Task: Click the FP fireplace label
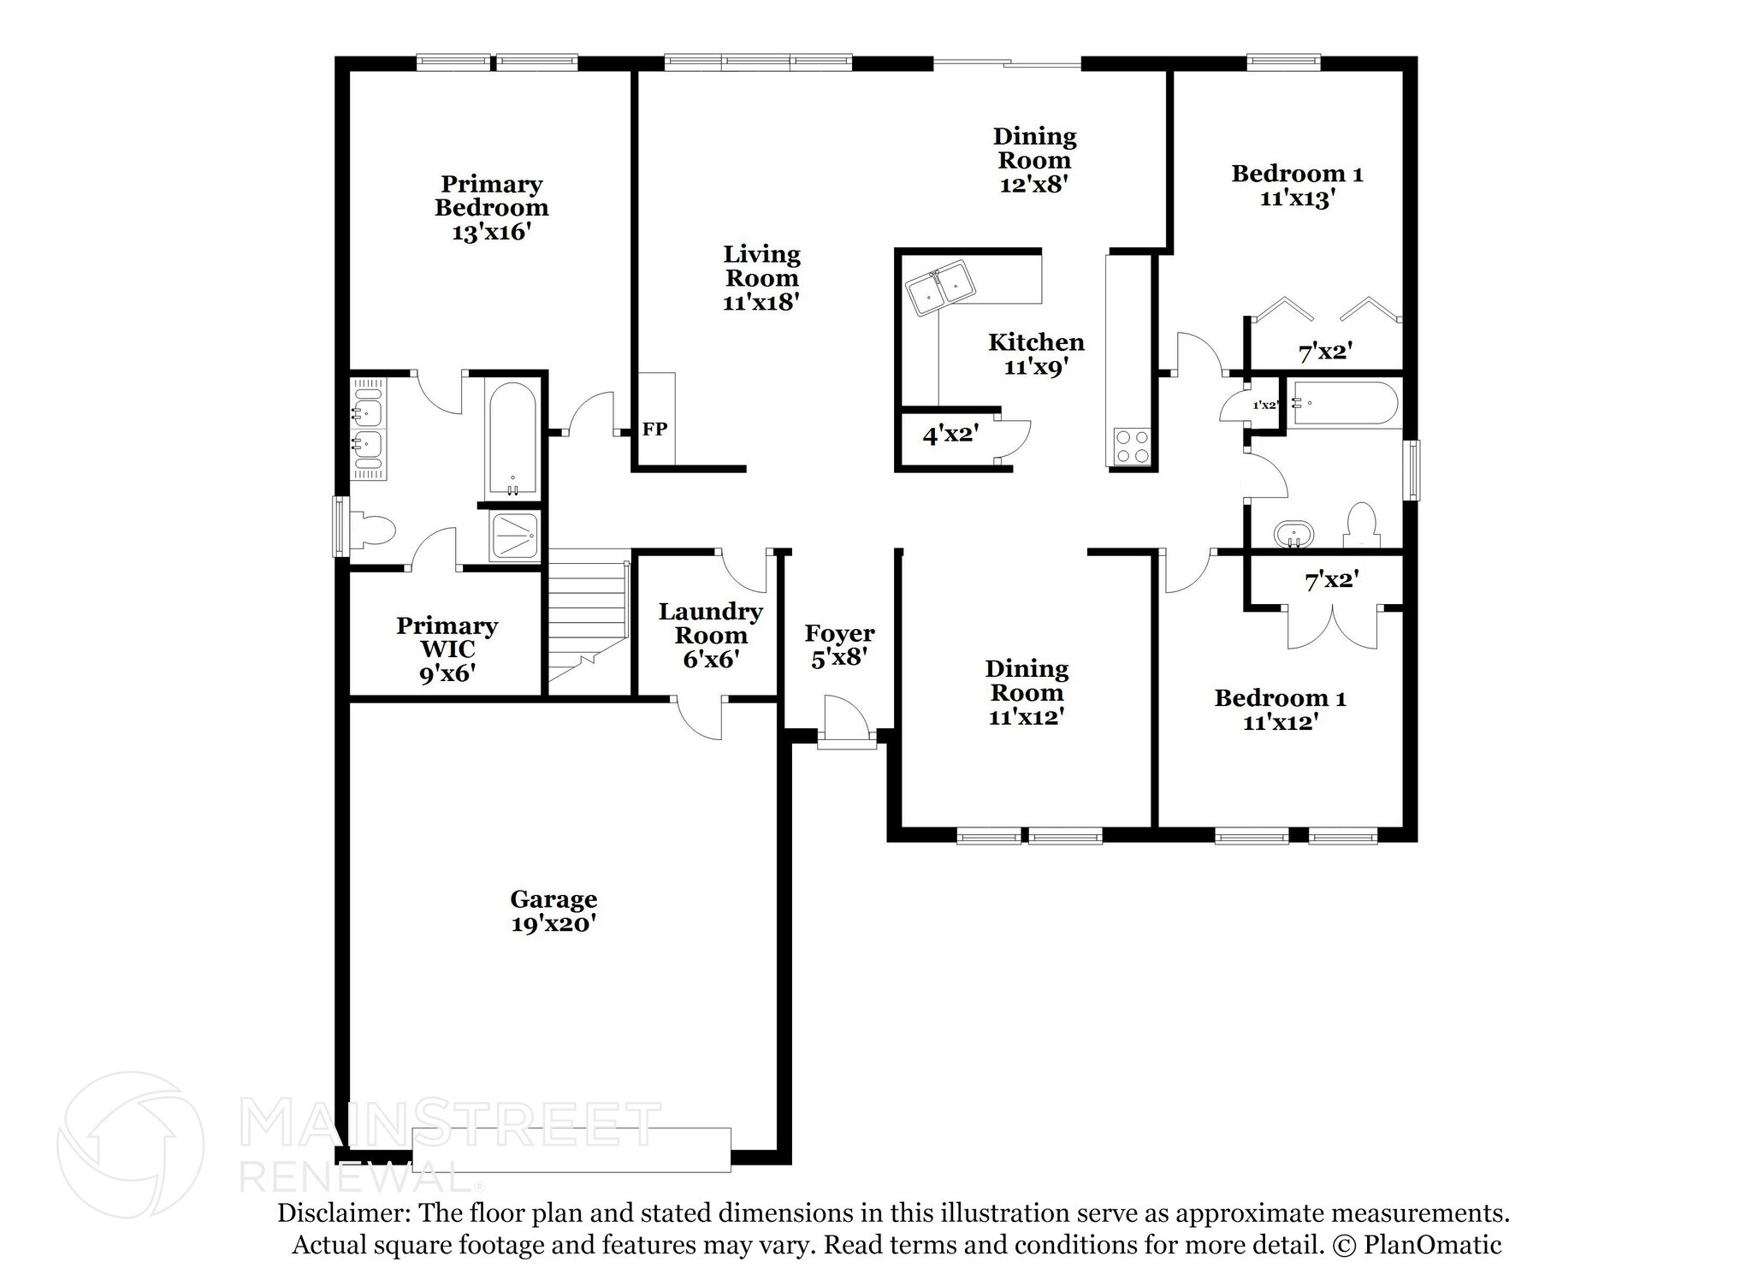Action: (654, 430)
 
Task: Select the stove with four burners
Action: (1131, 447)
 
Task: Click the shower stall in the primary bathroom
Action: (515, 536)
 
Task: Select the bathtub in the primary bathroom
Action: (512, 438)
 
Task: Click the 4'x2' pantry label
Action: (950, 435)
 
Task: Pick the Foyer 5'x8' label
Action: (839, 645)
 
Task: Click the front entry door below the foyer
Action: (847, 738)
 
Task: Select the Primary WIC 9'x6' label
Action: (447, 649)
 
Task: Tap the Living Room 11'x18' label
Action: (761, 277)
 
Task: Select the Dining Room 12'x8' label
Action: (1034, 160)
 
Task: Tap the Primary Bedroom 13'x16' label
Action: (492, 208)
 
